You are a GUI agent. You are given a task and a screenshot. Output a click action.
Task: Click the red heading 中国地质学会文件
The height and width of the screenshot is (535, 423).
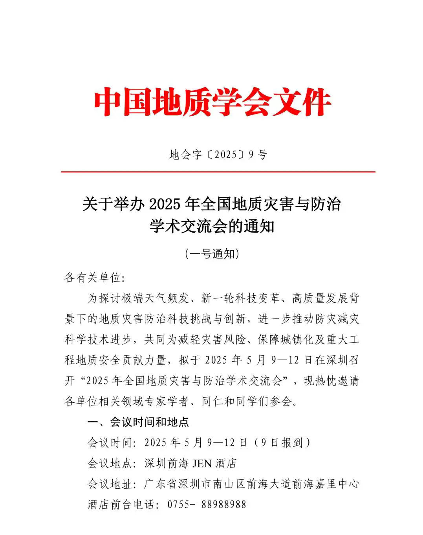click(212, 102)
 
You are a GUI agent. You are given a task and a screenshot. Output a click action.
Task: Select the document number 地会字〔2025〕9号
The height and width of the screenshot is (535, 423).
click(218, 155)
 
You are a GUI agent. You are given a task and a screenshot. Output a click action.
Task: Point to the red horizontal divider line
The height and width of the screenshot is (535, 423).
click(218, 172)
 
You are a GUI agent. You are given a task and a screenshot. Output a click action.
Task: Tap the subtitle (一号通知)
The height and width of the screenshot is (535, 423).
click(212, 254)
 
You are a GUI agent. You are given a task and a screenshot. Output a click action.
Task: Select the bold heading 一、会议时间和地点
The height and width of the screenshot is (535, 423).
click(138, 422)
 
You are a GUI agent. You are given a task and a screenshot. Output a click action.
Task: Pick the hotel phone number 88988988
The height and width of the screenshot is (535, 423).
click(224, 504)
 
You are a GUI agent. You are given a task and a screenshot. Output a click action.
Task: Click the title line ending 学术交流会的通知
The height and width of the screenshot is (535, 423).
click(212, 227)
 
